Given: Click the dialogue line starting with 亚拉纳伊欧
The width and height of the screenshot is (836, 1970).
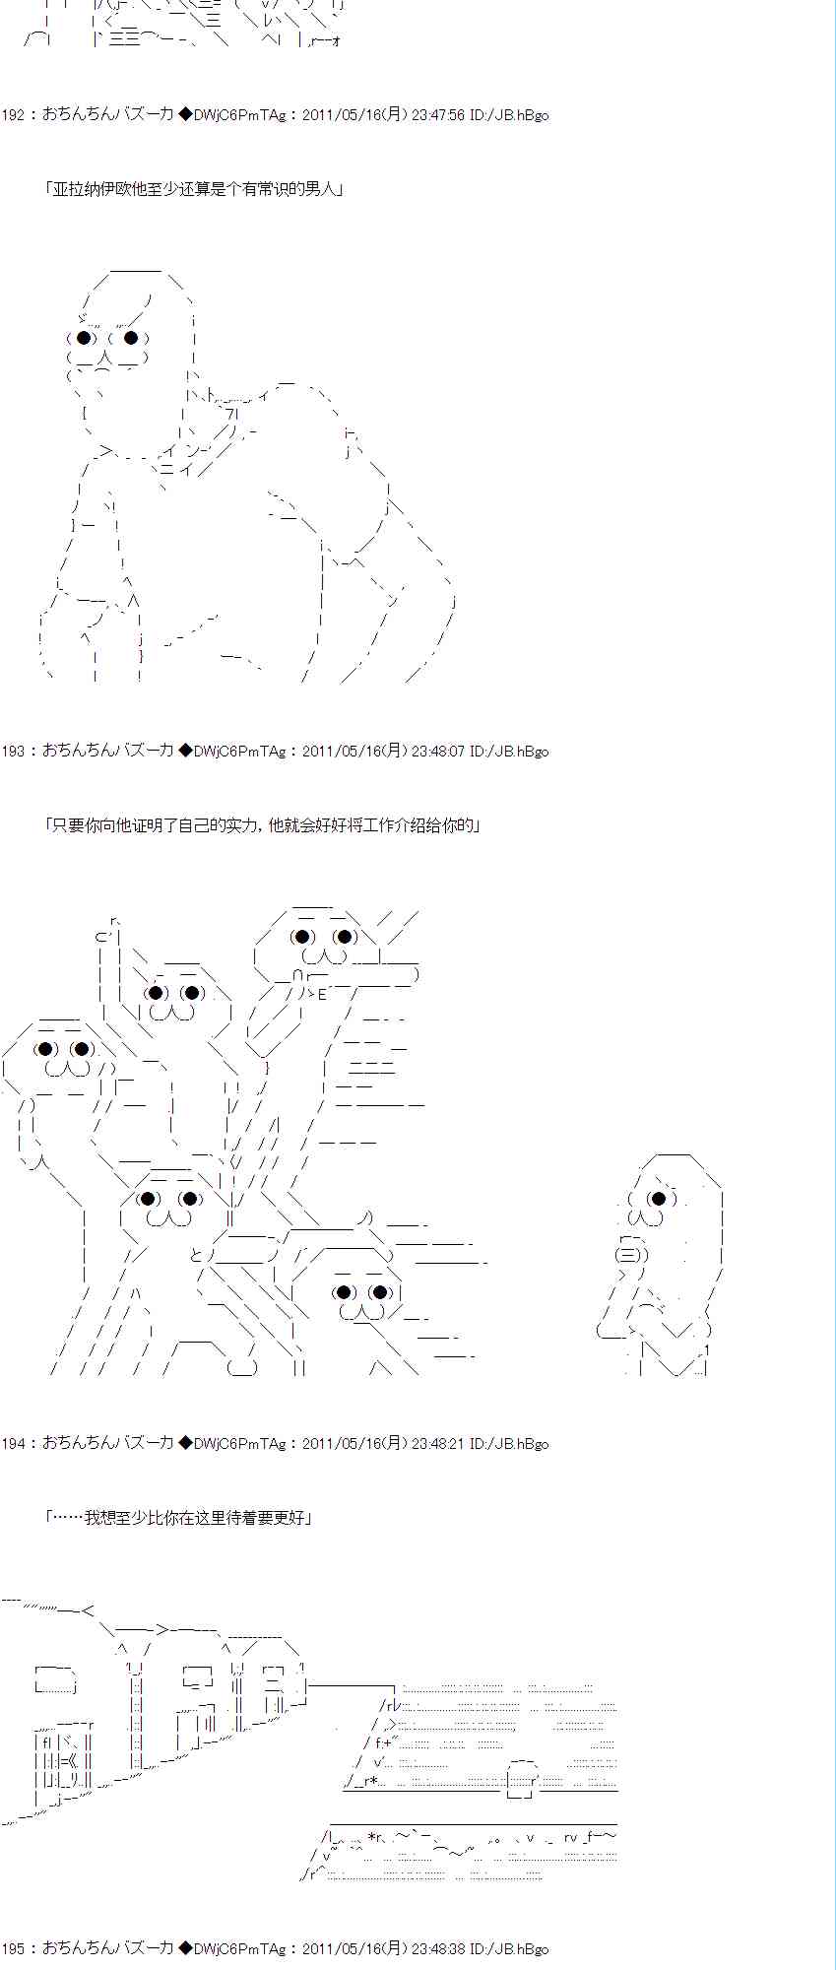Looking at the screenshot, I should click(x=194, y=190).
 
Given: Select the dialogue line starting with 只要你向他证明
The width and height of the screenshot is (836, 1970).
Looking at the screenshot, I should click(x=263, y=826).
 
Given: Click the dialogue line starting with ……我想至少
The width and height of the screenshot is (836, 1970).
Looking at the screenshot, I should click(x=179, y=1518).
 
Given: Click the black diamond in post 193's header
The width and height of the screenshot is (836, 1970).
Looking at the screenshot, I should click(x=184, y=752).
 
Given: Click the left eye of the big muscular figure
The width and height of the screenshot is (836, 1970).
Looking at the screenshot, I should click(x=86, y=339).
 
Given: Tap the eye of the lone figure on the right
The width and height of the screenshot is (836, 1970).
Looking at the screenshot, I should click(x=658, y=1199).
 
